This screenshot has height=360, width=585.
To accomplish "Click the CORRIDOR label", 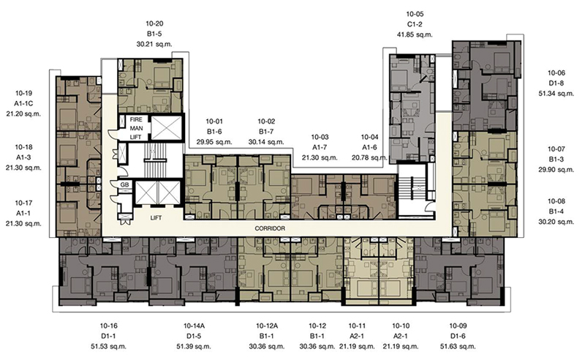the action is [x=270, y=228].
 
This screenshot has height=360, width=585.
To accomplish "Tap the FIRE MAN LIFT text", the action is [x=136, y=128].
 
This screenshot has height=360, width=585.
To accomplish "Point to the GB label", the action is [x=124, y=184].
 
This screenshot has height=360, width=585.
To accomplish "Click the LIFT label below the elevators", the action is [x=156, y=218].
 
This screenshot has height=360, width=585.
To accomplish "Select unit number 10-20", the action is [x=154, y=23].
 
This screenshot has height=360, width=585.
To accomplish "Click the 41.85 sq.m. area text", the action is [x=415, y=34].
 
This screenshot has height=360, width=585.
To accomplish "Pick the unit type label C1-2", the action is [x=415, y=25].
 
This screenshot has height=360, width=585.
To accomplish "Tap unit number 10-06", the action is [x=556, y=73].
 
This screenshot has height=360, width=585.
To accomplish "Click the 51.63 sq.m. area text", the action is [x=458, y=346].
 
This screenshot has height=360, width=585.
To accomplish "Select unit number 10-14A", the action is [x=194, y=326].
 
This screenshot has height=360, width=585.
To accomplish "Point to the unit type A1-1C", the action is [x=24, y=103].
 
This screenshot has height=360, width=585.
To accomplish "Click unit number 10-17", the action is [x=23, y=203].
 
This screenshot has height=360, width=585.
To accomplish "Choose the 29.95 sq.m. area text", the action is [x=214, y=142].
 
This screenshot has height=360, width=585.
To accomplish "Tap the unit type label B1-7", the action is [x=266, y=132].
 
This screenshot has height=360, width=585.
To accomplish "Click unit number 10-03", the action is [x=320, y=137].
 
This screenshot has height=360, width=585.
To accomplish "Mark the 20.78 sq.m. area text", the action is [x=369, y=157].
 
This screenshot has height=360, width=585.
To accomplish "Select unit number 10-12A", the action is [x=267, y=326].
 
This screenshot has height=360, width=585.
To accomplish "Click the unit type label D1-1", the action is [x=108, y=336].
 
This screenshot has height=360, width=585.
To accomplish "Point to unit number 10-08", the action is [x=556, y=201].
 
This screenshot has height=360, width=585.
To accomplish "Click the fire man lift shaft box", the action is [x=167, y=128].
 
